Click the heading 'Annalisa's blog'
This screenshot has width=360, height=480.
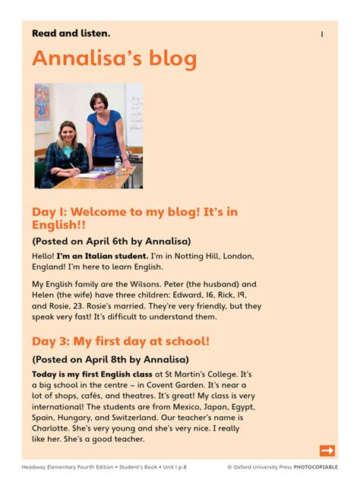pyautogui.click(x=114, y=58)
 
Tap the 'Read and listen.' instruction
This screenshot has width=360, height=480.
pyautogui.click(x=71, y=33)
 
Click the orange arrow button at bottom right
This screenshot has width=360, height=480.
pyautogui.click(x=327, y=450)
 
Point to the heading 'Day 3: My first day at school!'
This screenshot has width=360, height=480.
pyautogui.click(x=121, y=341)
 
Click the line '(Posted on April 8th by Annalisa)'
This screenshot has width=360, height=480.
pyautogui.click(x=110, y=359)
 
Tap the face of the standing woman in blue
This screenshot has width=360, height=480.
pyautogui.click(x=99, y=103)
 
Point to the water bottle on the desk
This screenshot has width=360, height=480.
pyautogui.click(x=118, y=165)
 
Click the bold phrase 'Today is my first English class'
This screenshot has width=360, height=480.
pyautogui.click(x=92, y=374)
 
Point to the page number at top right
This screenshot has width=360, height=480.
pyautogui.click(x=322, y=34)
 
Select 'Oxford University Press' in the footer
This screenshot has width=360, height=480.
pyautogui.click(x=261, y=468)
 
